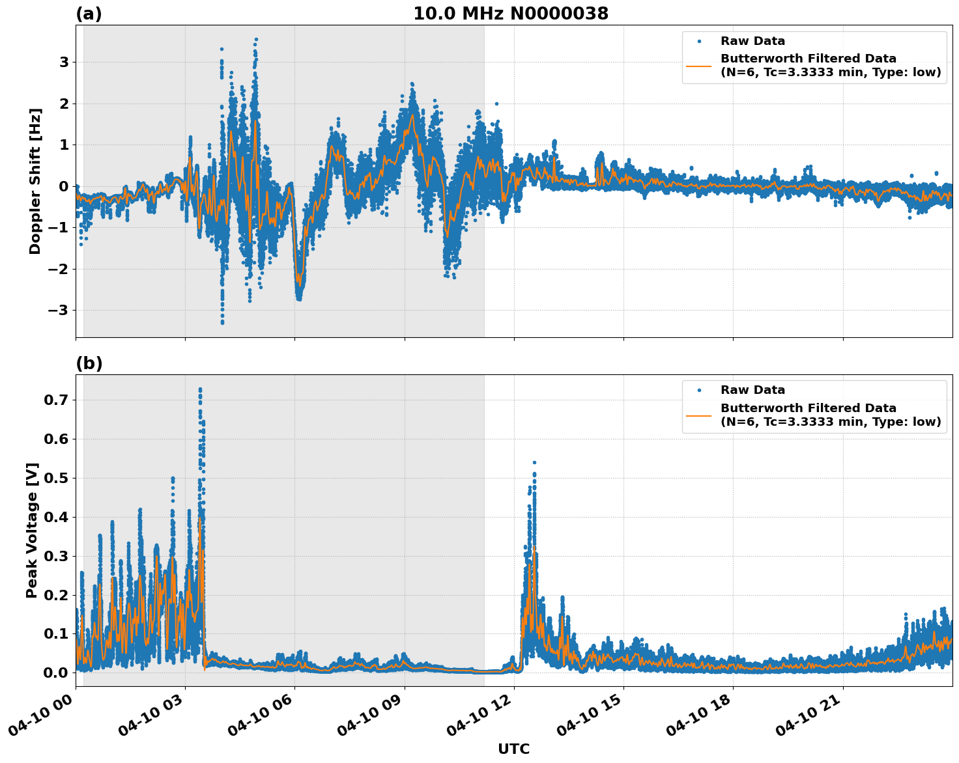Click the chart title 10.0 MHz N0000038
coord(511,14)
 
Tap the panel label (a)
coord(89,14)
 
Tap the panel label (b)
coord(89,363)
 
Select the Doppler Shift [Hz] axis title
coord(35,181)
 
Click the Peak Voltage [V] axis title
coord(32,530)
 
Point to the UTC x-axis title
coord(513,749)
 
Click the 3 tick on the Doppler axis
coord(64,62)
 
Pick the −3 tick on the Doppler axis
coord(59,310)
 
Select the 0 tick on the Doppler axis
coord(64,186)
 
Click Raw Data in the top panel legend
coord(752,41)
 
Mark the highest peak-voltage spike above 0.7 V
coord(200,389)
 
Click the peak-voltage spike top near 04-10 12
coord(534,462)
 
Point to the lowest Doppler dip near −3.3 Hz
coord(222,322)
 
